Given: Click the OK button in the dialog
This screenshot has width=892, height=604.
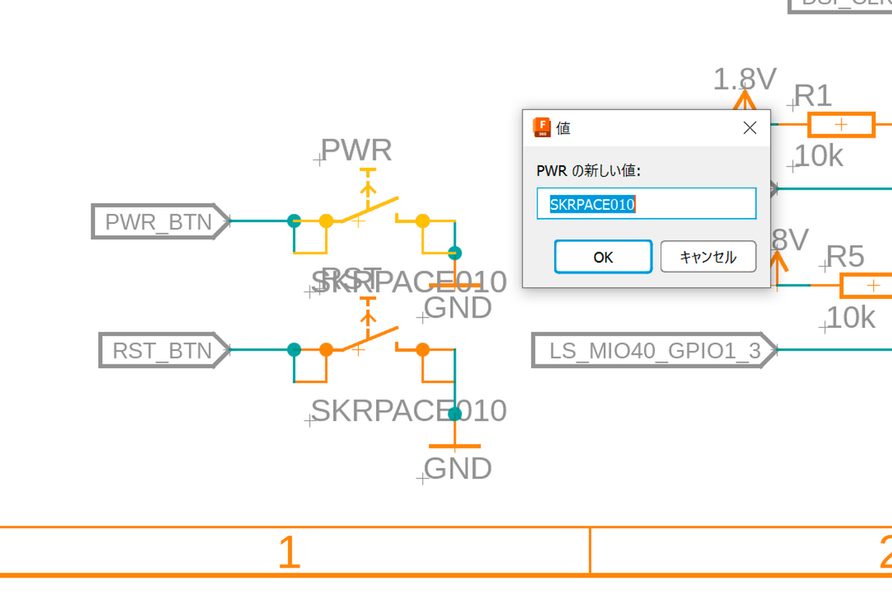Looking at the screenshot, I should [603, 257].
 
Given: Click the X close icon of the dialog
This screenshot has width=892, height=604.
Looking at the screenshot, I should [749, 128].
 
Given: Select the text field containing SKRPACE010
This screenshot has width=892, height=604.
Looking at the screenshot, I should [645, 204].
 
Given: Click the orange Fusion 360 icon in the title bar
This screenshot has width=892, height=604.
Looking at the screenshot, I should [542, 127].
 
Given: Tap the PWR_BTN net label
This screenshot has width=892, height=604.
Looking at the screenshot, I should [158, 222].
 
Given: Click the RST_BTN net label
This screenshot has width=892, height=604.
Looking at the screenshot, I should [162, 350].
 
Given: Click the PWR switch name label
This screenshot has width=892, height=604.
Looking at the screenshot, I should [356, 151].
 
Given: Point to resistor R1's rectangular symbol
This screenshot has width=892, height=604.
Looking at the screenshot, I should [841, 125].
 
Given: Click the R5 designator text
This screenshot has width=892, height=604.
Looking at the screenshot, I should [845, 257].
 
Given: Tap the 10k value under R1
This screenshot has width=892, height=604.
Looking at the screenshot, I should [818, 156].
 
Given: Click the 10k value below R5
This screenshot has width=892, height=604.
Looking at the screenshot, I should [850, 318].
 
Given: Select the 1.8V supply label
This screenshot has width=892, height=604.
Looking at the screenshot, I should [745, 79].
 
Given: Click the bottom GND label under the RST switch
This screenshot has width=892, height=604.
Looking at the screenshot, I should [458, 469].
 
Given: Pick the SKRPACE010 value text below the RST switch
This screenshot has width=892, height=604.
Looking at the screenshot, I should [409, 411].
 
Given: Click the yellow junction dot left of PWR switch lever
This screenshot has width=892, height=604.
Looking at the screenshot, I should [326, 220].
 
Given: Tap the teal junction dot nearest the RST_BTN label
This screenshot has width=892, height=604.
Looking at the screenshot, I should [294, 349].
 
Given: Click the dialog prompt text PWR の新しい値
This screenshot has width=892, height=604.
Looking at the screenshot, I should [588, 171].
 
